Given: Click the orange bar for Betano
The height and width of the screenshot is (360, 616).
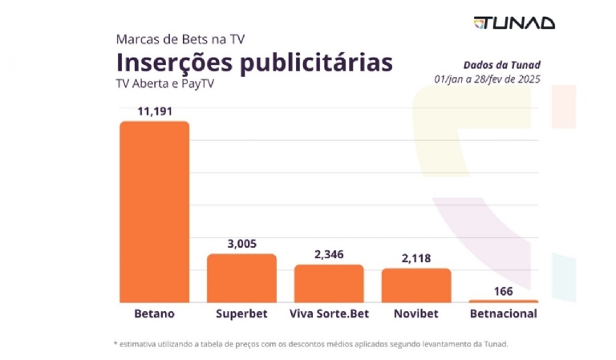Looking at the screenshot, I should pos(154,212).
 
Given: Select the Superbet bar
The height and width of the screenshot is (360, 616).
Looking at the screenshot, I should pos(241,277).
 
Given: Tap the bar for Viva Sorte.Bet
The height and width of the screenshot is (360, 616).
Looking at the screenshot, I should pos(328,283).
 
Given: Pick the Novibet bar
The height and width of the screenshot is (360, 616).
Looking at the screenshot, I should pos(415,285).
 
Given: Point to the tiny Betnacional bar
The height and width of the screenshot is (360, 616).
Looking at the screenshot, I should pos(503,301).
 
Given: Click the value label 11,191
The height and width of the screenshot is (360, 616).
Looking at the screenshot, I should pos(154,111).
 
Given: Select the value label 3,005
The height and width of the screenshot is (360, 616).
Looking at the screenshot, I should pos(241,244).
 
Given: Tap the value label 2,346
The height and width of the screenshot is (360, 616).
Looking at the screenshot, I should pos(328,254).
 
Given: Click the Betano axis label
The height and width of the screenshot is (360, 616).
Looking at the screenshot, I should pos(154,313).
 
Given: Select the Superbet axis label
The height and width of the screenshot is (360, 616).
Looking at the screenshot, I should pos(241,313).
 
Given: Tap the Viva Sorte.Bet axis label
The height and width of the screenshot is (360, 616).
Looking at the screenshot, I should pos(328,313).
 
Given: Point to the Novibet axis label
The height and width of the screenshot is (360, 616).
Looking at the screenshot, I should pos(415,313).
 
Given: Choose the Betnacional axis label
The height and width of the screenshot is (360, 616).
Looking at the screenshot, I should pos(503,313).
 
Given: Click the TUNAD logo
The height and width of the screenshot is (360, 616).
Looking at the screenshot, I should pos(514,22).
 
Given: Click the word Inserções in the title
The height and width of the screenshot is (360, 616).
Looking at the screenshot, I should pos(172,62).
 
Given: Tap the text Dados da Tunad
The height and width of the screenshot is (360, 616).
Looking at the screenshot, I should pos(501,65).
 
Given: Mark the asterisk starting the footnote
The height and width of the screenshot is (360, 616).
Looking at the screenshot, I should pos(115,344).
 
